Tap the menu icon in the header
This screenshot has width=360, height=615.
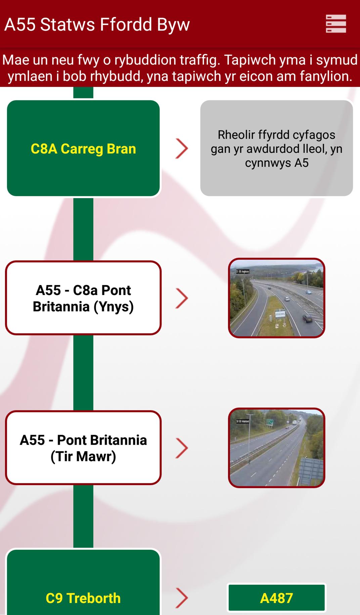click(336, 24)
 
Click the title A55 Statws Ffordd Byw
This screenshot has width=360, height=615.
click(97, 25)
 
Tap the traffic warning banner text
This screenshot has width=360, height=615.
click(180, 68)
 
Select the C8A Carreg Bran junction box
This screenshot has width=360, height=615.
click(83, 148)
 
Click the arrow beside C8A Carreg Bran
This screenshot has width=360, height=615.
click(182, 149)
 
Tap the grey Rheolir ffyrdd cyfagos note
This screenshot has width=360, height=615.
click(276, 148)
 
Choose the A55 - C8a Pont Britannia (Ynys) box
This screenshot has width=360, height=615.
click(83, 298)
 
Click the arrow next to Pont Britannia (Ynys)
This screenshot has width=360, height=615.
click(182, 298)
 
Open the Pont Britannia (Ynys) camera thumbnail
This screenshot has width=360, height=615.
click(276, 298)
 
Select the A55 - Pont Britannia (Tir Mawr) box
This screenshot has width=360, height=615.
click(83, 448)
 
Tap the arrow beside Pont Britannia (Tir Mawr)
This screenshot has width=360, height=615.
click(182, 448)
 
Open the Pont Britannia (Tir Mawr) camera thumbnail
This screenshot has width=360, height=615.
click(276, 448)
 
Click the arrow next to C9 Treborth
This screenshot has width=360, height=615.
click(182, 598)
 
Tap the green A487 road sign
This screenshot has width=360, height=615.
click(276, 598)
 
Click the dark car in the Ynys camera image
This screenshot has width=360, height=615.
click(307, 318)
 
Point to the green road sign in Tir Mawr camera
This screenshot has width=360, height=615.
click(270, 422)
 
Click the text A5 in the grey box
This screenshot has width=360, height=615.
click(301, 163)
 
